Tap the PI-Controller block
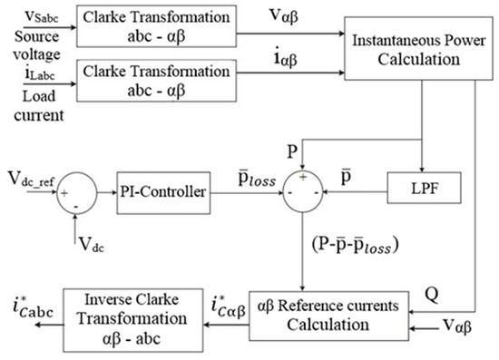161,192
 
